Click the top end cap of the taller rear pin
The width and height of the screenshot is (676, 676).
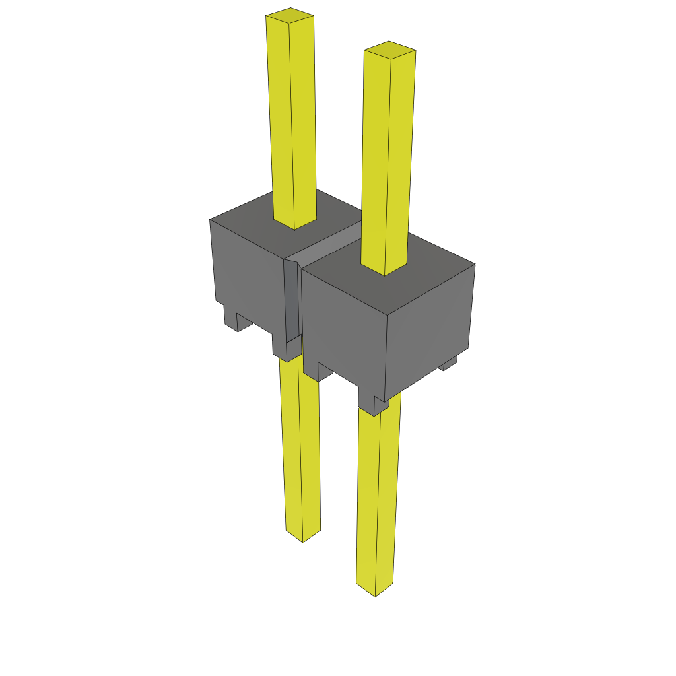[x=290, y=16]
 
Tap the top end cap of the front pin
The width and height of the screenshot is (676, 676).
[x=389, y=50]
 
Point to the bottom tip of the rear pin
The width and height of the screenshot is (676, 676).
[x=303, y=535]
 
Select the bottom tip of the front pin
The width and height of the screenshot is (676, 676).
[x=375, y=590]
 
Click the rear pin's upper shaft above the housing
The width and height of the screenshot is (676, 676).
[x=291, y=119]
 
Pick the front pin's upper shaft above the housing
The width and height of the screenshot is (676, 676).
[x=388, y=158]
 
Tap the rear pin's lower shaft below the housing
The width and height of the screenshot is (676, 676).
[x=300, y=449]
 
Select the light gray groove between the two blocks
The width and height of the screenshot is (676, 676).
[x=330, y=244]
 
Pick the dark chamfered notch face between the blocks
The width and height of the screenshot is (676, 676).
[x=291, y=300]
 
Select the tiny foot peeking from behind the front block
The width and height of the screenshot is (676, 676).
[x=450, y=364]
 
